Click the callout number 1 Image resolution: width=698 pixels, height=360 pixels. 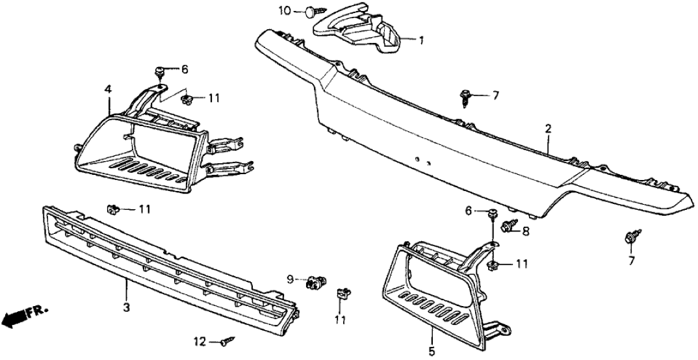coord(421,40)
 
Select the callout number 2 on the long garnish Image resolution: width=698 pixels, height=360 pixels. coord(548,129)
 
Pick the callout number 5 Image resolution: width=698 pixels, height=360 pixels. coord(430,339)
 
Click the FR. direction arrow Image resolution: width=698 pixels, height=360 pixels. coord(19,316)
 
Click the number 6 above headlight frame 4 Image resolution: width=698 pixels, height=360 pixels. coord(184,70)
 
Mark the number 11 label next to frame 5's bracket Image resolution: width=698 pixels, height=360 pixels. coord(522,264)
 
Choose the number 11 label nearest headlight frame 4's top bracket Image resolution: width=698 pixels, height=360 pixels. coord(214,98)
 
